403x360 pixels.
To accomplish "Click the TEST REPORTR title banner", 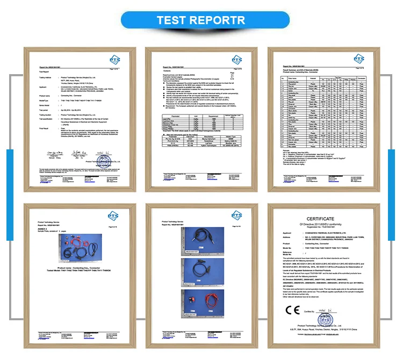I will click(x=201, y=20).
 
